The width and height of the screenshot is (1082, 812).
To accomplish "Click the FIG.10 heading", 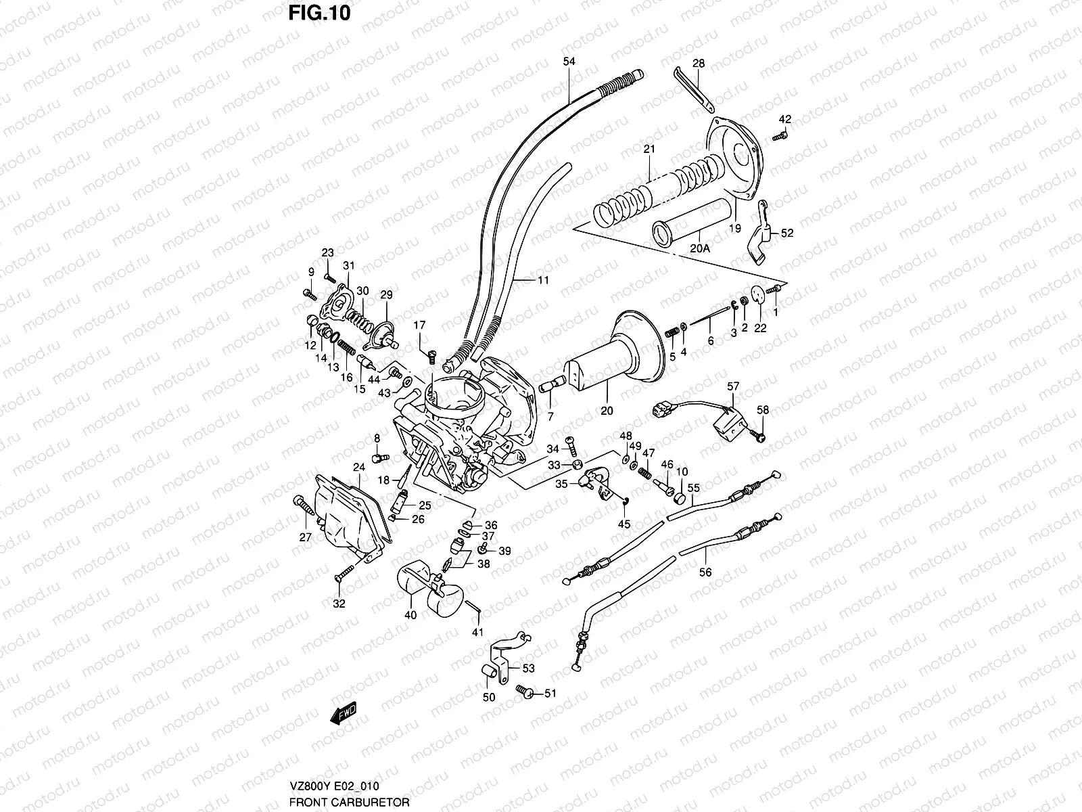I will point(321,13).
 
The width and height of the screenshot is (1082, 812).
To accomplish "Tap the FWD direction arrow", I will point(344,715).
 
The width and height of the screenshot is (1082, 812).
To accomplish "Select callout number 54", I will point(569,62).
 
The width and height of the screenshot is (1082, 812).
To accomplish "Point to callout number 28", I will point(699,64).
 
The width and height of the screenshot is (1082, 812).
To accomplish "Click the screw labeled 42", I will point(778,136).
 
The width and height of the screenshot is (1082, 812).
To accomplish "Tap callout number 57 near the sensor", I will point(733,386).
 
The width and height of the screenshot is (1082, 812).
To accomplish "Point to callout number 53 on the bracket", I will point(529,669).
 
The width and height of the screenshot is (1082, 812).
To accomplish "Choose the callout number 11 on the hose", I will point(543,279).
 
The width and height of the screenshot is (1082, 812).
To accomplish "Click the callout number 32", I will point(339,604).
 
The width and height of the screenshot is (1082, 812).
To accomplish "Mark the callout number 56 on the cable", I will point(705,572).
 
